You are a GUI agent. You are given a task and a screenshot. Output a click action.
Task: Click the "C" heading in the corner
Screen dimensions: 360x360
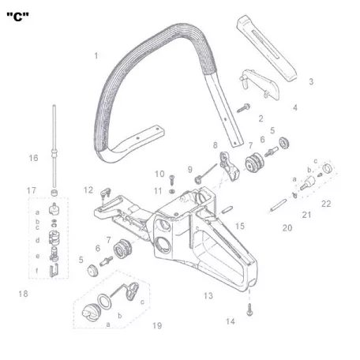click(17, 17)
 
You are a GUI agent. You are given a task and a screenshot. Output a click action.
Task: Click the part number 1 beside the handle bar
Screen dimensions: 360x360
click(96, 56)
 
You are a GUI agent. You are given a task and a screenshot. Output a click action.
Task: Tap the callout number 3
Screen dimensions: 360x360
click(311, 81)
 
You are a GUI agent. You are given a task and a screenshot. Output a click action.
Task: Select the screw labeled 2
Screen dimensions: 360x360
click(243, 108)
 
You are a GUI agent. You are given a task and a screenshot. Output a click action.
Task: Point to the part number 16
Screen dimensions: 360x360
click(33, 158)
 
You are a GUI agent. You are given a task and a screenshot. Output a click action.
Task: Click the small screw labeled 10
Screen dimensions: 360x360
click(172, 180)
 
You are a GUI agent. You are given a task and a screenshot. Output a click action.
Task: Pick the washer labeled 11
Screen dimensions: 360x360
click(172, 191)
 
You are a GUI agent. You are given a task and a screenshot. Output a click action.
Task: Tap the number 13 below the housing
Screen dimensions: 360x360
click(208, 296)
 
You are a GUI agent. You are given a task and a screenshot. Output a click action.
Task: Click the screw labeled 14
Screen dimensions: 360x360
click(249, 309)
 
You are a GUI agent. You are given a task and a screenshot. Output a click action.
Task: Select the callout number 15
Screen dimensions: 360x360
click(240, 226)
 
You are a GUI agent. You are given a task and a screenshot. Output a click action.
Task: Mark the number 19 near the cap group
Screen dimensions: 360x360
click(157, 325)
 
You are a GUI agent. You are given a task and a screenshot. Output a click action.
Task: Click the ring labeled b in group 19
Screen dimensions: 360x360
click(104, 302)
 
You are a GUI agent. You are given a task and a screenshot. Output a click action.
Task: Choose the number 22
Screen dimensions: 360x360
click(326, 204)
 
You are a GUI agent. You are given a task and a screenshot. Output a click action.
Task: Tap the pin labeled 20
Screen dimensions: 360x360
click(279, 205)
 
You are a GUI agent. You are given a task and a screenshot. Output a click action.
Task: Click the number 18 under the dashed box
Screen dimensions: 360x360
click(23, 294)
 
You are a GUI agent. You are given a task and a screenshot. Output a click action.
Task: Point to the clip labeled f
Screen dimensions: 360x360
click(54, 271)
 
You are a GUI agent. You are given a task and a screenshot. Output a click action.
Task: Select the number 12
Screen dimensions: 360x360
click(88, 190)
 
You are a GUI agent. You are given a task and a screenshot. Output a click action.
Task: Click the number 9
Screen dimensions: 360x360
click(189, 170)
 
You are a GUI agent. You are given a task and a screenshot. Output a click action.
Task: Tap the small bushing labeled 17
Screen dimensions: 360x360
click(54, 193)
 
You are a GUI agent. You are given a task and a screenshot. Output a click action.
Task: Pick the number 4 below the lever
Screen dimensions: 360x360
click(295, 107)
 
